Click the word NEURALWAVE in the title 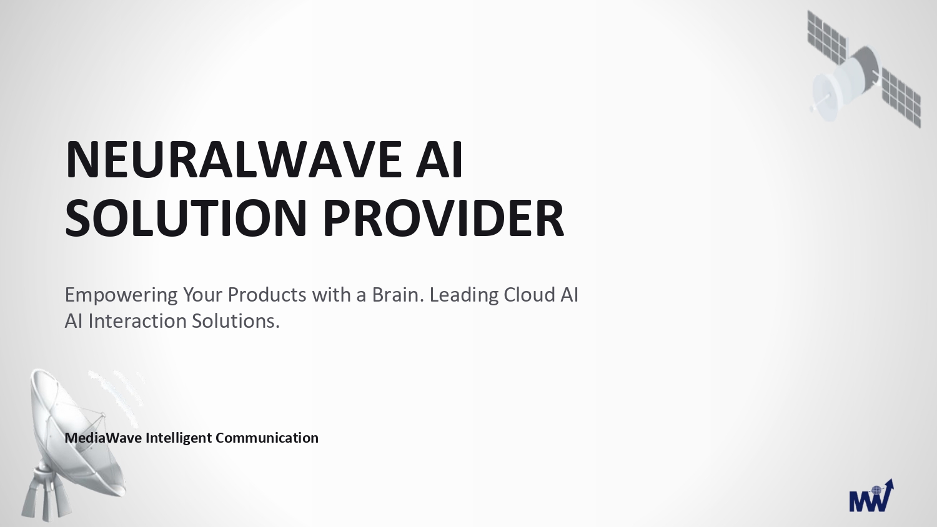click(234, 159)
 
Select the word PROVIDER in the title click(444, 218)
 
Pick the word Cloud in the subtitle click(529, 295)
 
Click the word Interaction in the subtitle click(137, 321)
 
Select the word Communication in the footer click(267, 438)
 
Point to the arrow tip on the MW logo click(892, 480)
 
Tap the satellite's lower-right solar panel click(901, 98)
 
